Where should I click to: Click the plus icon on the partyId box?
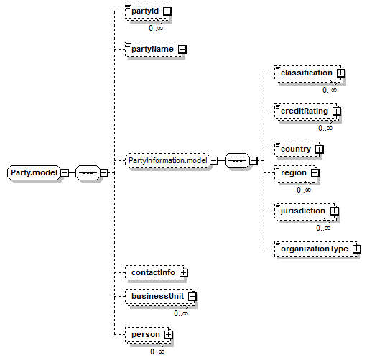pyautogui.click(x=167, y=11)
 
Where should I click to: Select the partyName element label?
pyautogui.click(x=152, y=49)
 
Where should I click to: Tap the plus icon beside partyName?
pyautogui.click(x=182, y=50)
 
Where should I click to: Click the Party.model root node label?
pyautogui.click(x=34, y=172)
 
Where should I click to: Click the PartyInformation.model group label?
pyautogui.click(x=168, y=160)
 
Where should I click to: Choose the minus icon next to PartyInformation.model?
pyautogui.click(x=214, y=160)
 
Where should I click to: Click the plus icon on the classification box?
pyautogui.click(x=340, y=73)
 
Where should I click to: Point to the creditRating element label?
pyautogui.click(x=305, y=111)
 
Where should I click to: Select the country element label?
pyautogui.click(x=296, y=149)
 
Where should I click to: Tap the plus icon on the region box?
pyautogui.click(x=315, y=173)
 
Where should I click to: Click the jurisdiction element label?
pyautogui.click(x=303, y=211)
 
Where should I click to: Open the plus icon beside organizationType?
pyautogui.click(x=357, y=249)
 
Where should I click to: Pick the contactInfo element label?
pyautogui.click(x=153, y=272)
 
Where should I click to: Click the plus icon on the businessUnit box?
pyautogui.click(x=192, y=297)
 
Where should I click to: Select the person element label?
pyautogui.click(x=146, y=334)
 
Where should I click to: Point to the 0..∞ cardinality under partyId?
pyautogui.click(x=156, y=28)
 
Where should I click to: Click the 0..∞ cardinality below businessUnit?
pyautogui.click(x=181, y=313)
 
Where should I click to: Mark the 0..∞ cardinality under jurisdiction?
pyautogui.click(x=323, y=228)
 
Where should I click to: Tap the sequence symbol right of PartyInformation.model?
pyautogui.click(x=237, y=160)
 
